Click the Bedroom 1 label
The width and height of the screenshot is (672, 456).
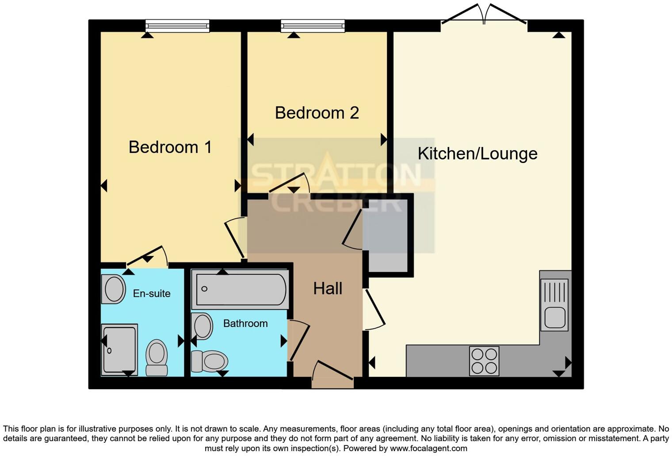170,147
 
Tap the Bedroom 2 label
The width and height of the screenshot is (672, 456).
317,113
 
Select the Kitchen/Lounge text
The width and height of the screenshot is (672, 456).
477,154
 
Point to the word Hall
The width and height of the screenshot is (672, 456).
328,289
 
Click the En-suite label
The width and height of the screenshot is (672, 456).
152,293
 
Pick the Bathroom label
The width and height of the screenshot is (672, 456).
245,323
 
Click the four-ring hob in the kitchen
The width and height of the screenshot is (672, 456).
484,361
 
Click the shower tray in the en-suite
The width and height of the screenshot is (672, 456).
119,350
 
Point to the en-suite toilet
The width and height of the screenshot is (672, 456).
157,357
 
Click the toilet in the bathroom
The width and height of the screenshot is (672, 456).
210,361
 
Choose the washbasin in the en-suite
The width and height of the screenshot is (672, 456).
114,289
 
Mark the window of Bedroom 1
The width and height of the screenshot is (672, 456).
177,26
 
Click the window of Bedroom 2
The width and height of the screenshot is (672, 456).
313,26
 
